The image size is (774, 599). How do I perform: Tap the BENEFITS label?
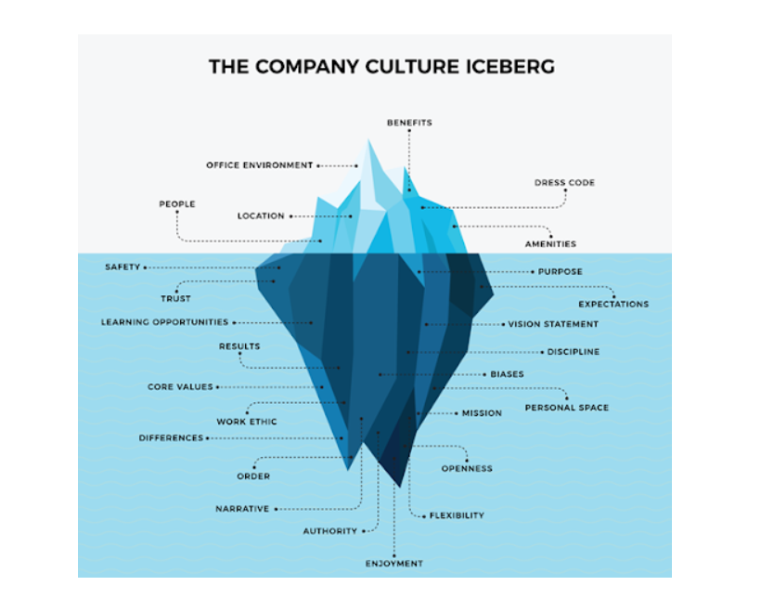[x=409, y=123]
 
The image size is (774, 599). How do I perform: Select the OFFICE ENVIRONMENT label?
[x=260, y=165]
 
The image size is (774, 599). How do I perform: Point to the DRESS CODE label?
[x=564, y=183]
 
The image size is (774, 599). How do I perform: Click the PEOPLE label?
[x=177, y=204]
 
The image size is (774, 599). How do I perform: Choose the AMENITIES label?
[x=550, y=244]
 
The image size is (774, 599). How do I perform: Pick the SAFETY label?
[x=123, y=267]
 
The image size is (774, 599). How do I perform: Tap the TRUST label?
[x=175, y=299]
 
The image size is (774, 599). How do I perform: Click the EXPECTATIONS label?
[x=613, y=305]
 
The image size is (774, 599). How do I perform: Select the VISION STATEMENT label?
[x=553, y=325]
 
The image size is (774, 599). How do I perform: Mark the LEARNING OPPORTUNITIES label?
[x=164, y=323]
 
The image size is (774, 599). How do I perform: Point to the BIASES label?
[x=507, y=374]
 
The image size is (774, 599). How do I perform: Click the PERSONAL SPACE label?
[x=566, y=408]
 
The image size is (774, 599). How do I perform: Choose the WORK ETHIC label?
[x=247, y=422]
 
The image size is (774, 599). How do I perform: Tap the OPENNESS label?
[x=467, y=469]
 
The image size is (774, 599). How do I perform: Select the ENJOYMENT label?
[x=393, y=564]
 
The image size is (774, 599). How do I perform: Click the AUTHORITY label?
[x=330, y=531]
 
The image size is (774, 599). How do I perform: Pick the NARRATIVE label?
[x=242, y=509]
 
